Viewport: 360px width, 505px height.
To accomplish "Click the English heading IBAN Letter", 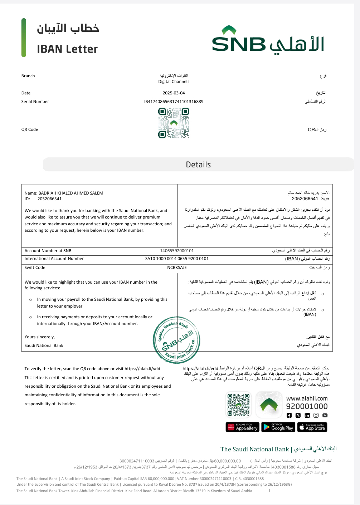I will click(67, 49).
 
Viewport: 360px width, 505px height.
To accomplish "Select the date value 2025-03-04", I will click(174, 93).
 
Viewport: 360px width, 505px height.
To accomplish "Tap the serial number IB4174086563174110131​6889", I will click(174, 102).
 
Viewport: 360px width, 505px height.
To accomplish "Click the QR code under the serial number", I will click(174, 123).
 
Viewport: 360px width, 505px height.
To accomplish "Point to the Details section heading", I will click(198, 165).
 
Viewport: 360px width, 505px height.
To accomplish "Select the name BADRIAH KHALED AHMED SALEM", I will click(71, 193).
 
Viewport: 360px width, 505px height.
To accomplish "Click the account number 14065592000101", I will click(177, 251).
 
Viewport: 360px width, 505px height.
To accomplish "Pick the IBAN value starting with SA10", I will click(177, 259).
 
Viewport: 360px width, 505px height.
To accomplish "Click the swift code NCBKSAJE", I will click(177, 268).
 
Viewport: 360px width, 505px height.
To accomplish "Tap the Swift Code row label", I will click(35, 268).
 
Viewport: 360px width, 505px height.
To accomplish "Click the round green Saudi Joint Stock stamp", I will click(176, 340).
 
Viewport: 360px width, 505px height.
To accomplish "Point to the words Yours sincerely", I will click(40, 337).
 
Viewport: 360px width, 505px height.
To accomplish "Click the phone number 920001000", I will click(307, 406).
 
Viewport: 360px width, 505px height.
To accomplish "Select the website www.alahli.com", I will click(307, 398).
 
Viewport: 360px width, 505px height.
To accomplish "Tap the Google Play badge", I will click(278, 427).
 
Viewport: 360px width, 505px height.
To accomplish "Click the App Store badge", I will click(312, 427).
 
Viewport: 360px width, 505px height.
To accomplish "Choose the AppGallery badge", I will click(242, 427).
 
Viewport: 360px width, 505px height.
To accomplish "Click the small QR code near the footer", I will click(238, 405).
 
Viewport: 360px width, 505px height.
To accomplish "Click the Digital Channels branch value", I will click(174, 82).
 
